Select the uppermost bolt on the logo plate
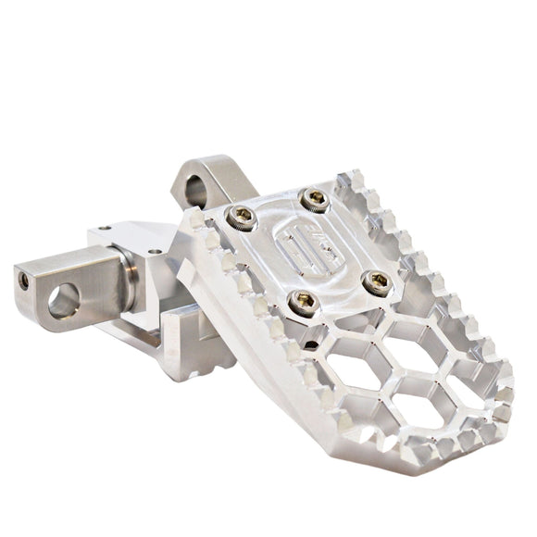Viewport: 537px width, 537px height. point(315,198)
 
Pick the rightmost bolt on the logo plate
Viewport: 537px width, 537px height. point(377,282)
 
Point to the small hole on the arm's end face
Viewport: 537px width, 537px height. point(22,281)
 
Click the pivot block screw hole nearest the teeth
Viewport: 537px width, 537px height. point(154,251)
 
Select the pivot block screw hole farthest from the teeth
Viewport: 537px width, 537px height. point(105,228)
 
